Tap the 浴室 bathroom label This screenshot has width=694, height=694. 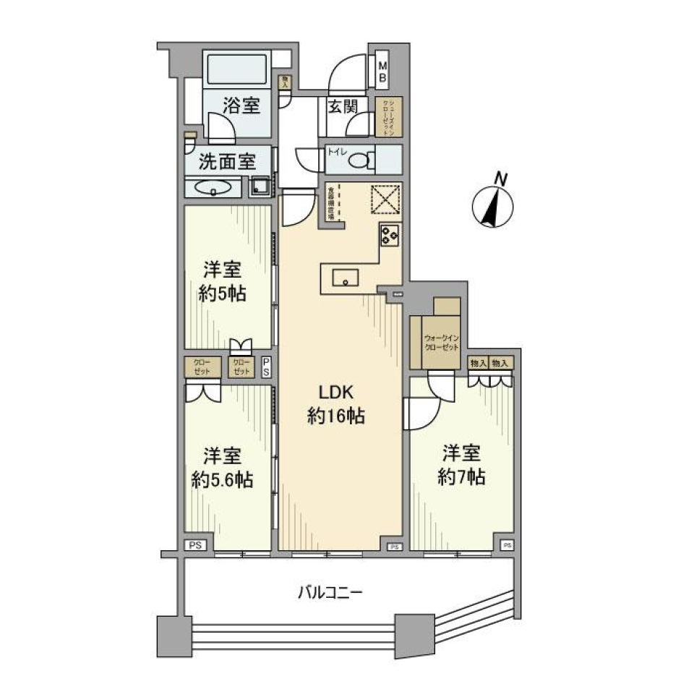pyautogui.click(x=241, y=106)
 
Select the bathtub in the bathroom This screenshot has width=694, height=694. pyautogui.click(x=238, y=70)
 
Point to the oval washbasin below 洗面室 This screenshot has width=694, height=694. pyautogui.click(x=213, y=188)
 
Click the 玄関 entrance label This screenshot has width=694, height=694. pyautogui.click(x=343, y=106)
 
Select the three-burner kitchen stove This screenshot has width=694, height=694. pyautogui.click(x=390, y=235)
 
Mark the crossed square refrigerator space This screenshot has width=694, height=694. pyautogui.click(x=387, y=199)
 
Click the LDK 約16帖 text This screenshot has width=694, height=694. pyautogui.click(x=335, y=404)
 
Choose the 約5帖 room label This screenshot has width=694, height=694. pyautogui.click(x=221, y=283)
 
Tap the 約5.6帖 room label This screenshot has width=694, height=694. pyautogui.click(x=221, y=468)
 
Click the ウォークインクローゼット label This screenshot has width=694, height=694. pyautogui.click(x=441, y=343)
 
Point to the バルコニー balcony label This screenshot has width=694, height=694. pyautogui.click(x=330, y=594)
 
